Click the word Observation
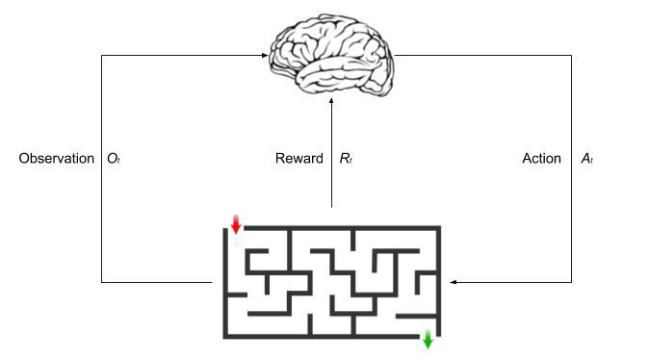[56, 158]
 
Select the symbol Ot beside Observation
[113, 159]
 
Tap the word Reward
[299, 158]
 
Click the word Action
[541, 158]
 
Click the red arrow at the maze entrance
[236, 224]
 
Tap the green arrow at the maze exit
[428, 340]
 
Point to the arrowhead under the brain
[331, 98]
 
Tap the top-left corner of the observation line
[101, 55]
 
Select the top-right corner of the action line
[571, 55]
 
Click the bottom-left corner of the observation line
[101, 282]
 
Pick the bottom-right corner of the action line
[571, 282]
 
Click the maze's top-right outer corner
[440, 227]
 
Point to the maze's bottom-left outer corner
[225, 337]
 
